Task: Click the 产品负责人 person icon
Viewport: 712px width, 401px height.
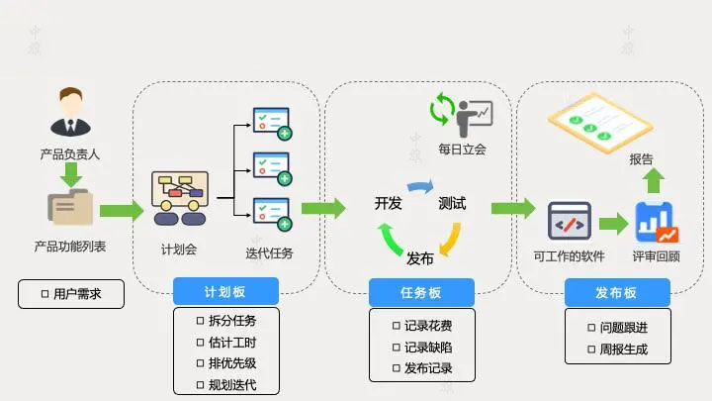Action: pyautogui.click(x=70, y=113)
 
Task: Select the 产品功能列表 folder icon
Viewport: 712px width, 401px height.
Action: pyautogui.click(x=70, y=209)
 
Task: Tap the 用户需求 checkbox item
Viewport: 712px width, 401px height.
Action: pyautogui.click(x=70, y=294)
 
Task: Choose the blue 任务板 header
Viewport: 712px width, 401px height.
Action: pyautogui.click(x=420, y=292)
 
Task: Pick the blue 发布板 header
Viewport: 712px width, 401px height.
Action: pyautogui.click(x=616, y=292)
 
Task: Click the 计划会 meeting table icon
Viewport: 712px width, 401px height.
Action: pyautogui.click(x=180, y=199)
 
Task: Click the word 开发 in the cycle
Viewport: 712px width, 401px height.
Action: pyautogui.click(x=388, y=203)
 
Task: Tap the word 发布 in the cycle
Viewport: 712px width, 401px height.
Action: pyautogui.click(x=420, y=258)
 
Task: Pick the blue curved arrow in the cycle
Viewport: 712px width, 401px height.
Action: pyautogui.click(x=420, y=186)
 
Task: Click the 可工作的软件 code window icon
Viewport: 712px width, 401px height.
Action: pyautogui.click(x=569, y=223)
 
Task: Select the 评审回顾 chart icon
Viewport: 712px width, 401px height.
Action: pyautogui.click(x=656, y=223)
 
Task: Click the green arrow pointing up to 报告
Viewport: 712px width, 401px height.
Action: pyautogui.click(x=654, y=181)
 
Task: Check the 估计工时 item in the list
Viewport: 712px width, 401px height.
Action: pyautogui.click(x=226, y=342)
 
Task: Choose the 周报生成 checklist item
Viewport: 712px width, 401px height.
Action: pyautogui.click(x=616, y=349)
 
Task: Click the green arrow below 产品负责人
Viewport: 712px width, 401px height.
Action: pyautogui.click(x=70, y=174)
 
